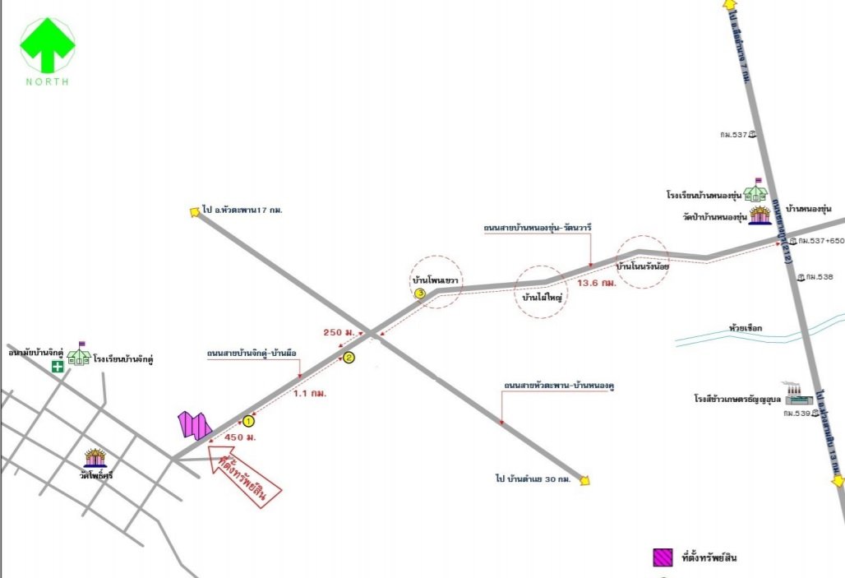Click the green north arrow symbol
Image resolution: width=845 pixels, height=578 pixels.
(x=48, y=45)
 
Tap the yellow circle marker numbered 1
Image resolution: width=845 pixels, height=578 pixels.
(x=250, y=421)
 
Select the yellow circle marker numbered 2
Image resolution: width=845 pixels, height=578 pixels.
(x=349, y=357)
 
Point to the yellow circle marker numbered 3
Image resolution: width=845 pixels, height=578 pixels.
(x=420, y=293)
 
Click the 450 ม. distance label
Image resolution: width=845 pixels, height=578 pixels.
(x=241, y=437)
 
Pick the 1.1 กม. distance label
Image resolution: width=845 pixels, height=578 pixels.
(x=310, y=394)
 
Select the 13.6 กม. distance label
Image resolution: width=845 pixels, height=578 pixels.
(x=597, y=283)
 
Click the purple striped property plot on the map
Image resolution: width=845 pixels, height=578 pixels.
(x=196, y=424)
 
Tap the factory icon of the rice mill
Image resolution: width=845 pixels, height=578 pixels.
(x=798, y=395)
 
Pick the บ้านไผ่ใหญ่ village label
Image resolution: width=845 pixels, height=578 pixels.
(x=541, y=297)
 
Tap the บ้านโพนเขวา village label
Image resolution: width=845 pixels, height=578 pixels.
(x=436, y=280)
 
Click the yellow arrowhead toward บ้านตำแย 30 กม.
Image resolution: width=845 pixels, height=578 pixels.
(x=585, y=480)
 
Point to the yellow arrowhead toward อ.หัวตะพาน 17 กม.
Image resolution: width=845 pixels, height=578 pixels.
(x=195, y=211)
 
